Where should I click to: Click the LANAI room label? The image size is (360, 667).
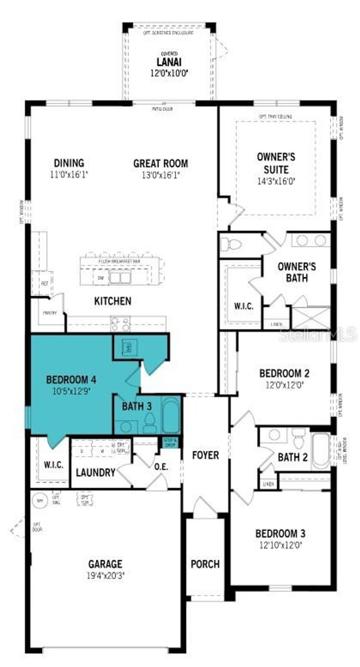point(169,62)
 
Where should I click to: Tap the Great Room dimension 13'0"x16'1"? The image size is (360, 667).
point(161,175)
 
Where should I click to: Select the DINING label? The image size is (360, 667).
point(69,163)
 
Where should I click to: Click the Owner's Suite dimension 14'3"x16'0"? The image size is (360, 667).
point(276,181)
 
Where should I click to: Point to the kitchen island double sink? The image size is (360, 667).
point(120,278)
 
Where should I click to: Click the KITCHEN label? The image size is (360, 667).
point(113,301)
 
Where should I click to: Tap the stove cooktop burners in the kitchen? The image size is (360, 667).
point(120,323)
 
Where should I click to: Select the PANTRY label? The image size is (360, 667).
point(50,313)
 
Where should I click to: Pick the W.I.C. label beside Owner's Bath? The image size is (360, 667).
point(244,306)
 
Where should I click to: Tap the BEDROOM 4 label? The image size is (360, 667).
point(71,380)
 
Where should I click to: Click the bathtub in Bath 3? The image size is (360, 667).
point(171,415)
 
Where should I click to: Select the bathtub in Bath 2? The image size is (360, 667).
point(321,451)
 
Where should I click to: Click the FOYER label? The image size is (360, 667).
point(205,455)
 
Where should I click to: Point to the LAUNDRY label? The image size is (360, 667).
point(96,472)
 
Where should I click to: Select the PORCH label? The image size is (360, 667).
point(205,564)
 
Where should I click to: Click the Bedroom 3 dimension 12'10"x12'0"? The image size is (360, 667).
point(280,545)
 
